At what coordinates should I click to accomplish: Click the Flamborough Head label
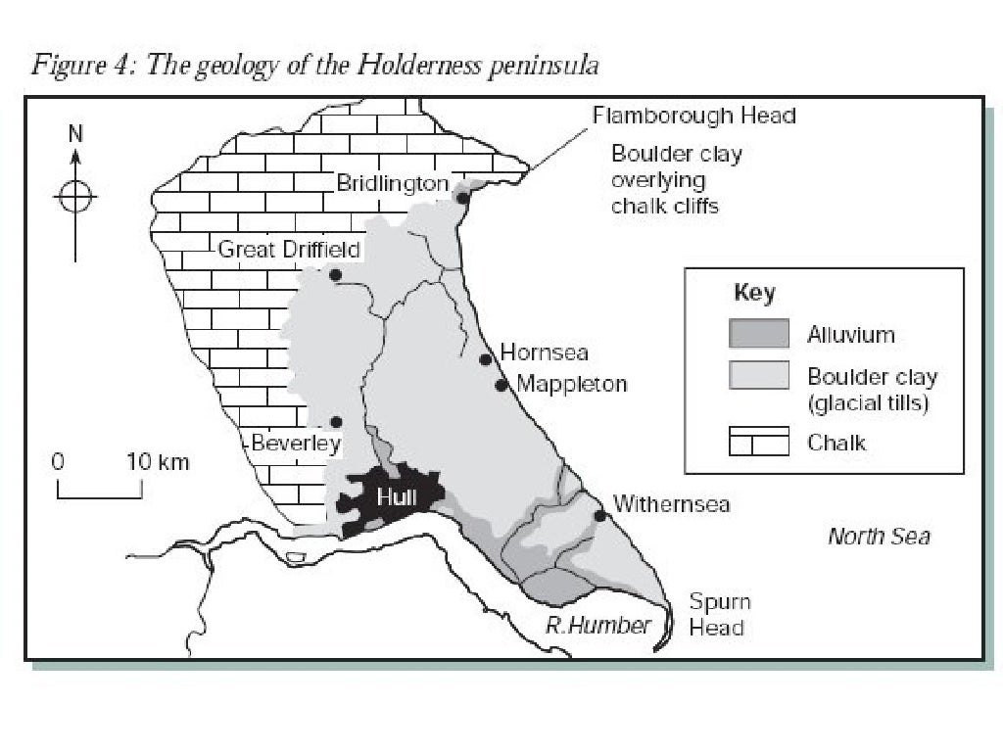click(693, 116)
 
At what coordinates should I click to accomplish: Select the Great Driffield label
click(289, 249)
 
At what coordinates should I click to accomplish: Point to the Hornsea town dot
click(485, 359)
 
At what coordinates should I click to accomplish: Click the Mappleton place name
click(572, 384)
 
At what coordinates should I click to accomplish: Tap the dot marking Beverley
click(336, 422)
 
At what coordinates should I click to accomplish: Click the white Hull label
click(397, 497)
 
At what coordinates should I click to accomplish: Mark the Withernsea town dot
click(599, 516)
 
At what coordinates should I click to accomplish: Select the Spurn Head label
click(720, 615)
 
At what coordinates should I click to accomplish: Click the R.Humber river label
click(597, 626)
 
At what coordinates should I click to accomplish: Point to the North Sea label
click(879, 536)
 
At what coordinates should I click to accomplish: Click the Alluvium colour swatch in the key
click(759, 334)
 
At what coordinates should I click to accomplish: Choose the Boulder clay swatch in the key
click(759, 376)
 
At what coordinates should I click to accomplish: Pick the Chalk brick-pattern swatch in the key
click(759, 443)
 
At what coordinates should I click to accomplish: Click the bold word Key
click(754, 293)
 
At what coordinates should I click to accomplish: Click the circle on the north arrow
click(75, 197)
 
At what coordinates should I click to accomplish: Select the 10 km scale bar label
click(158, 461)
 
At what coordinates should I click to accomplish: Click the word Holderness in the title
click(390, 67)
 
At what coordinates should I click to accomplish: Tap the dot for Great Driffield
click(335, 275)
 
